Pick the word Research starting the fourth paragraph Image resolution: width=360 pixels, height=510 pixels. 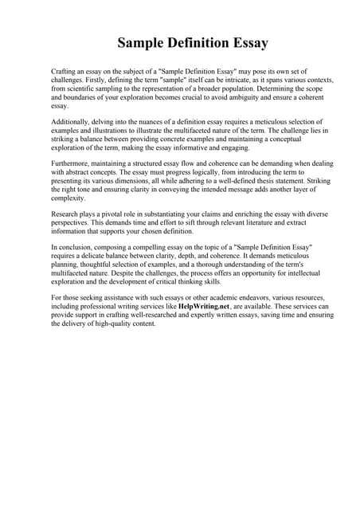point(66,214)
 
